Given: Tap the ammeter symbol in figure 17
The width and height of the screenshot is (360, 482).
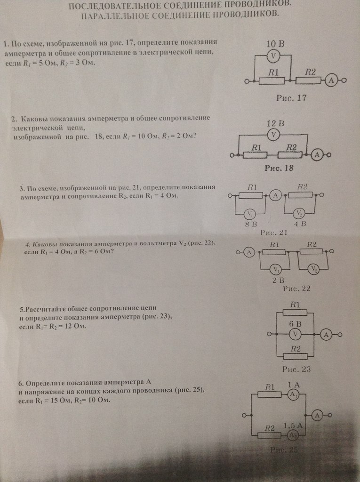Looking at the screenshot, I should [331, 81].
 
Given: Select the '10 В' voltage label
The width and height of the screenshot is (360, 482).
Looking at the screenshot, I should [275, 44].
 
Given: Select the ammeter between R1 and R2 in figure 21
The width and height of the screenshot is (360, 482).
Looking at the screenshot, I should [277, 195].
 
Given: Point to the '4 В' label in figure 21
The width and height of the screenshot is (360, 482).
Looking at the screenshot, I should [300, 224].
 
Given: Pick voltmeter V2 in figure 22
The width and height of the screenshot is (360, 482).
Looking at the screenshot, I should [312, 269].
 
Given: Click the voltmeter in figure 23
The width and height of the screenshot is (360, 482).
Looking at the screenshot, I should [295, 334].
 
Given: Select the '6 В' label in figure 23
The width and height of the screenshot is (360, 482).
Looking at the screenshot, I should [295, 324].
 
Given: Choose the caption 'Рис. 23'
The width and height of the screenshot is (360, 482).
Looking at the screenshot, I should [296, 369].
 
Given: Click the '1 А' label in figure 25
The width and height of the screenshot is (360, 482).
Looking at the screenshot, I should [294, 385].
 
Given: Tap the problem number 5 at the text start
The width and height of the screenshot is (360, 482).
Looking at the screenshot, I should [22, 310].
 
